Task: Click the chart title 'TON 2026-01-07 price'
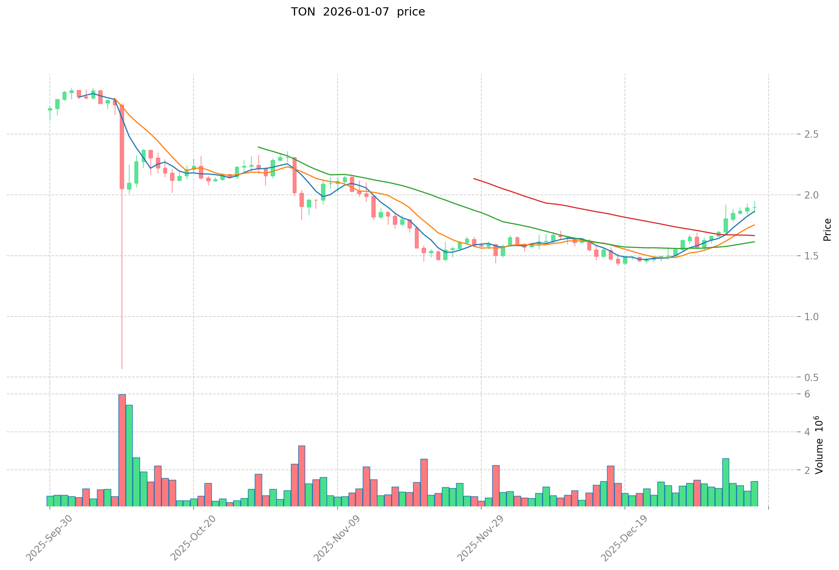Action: point(358,12)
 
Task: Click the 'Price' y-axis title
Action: point(827,229)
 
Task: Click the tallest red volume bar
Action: point(122,450)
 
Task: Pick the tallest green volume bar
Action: point(129,455)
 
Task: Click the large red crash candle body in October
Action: point(122,146)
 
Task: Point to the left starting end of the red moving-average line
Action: point(474,178)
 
